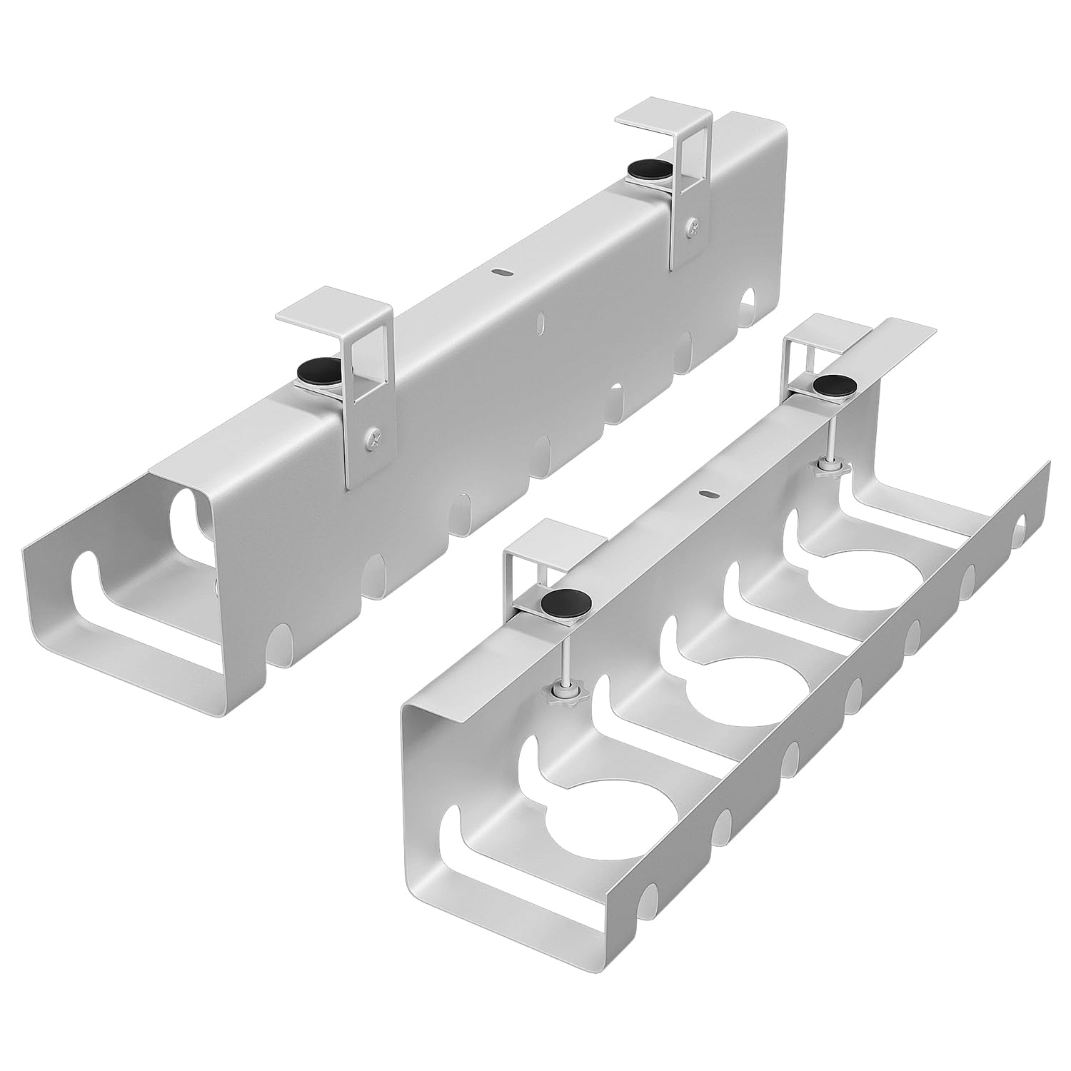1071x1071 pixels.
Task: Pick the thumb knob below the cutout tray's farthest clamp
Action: pos(828,468)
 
